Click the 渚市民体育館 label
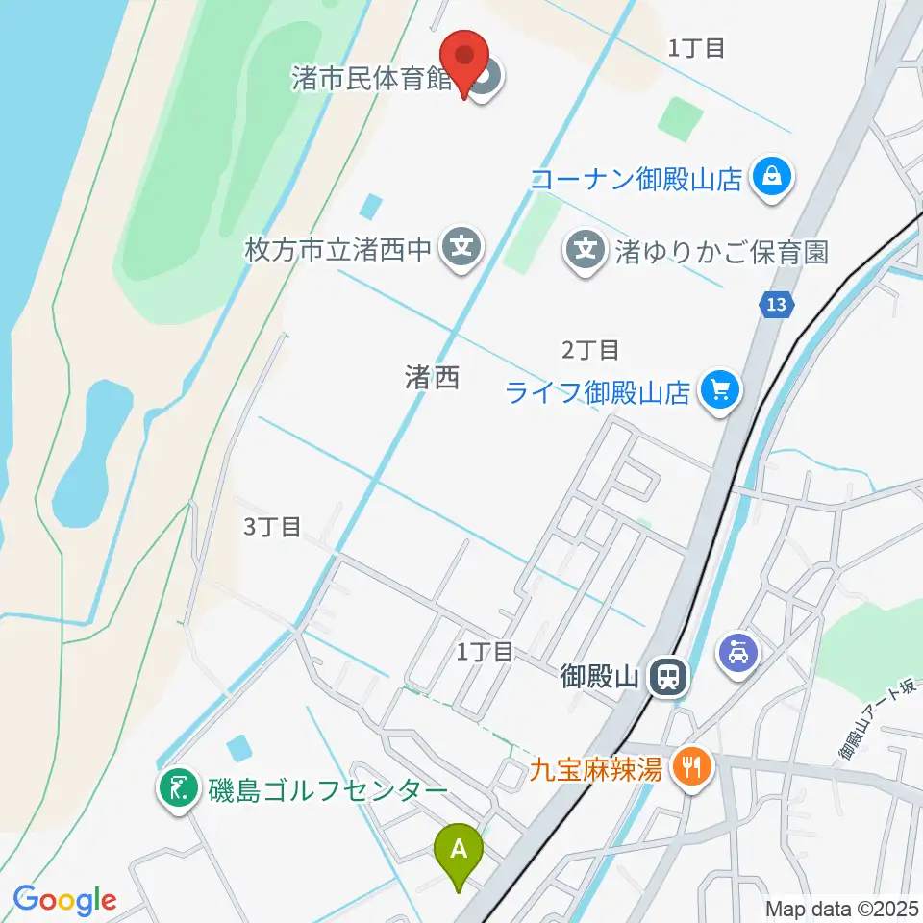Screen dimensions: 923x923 click(373, 78)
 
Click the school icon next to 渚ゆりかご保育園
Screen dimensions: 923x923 click(584, 250)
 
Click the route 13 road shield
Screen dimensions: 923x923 click(777, 306)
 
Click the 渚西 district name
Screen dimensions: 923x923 click(432, 378)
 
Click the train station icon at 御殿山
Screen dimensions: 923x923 click(666, 678)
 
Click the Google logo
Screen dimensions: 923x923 click(65, 900)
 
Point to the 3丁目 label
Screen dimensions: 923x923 click(272, 527)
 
